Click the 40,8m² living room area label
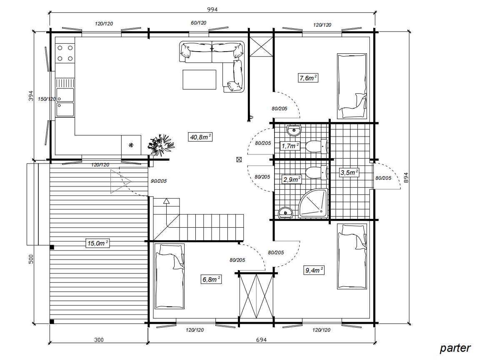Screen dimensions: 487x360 (200, 137)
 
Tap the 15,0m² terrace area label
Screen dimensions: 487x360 (98, 243)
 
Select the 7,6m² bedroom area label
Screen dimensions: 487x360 (308, 78)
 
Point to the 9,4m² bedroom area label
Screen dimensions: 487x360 (314, 270)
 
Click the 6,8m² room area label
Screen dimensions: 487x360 (212, 280)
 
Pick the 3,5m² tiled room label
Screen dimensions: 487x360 (350, 173)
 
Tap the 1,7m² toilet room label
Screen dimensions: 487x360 (290, 146)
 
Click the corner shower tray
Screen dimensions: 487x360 (313, 203)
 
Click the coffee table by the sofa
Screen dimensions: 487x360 (200, 79)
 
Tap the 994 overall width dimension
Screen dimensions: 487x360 (212, 9)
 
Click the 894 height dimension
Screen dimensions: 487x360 (406, 178)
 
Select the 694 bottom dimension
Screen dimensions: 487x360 (261, 340)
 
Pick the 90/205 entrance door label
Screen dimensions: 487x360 (159, 181)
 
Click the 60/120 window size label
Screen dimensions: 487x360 (198, 23)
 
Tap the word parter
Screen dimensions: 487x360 (455, 348)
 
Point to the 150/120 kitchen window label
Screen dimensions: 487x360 (47, 99)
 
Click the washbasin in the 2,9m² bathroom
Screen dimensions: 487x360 (285, 213)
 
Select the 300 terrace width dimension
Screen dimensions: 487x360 (99, 340)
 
